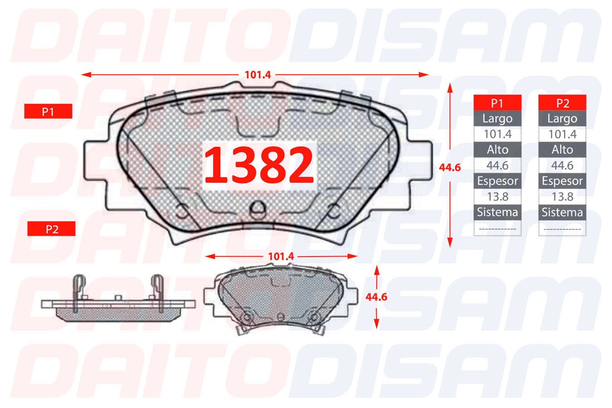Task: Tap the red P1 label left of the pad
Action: (48, 111)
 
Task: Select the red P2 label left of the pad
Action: (51, 229)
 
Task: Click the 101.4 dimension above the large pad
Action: (257, 75)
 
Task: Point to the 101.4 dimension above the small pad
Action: (281, 256)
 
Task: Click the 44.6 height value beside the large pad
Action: (450, 167)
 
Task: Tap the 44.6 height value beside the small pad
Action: (376, 297)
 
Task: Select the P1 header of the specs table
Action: (497, 103)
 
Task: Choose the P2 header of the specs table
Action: (562, 103)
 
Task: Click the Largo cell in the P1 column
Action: (497, 119)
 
